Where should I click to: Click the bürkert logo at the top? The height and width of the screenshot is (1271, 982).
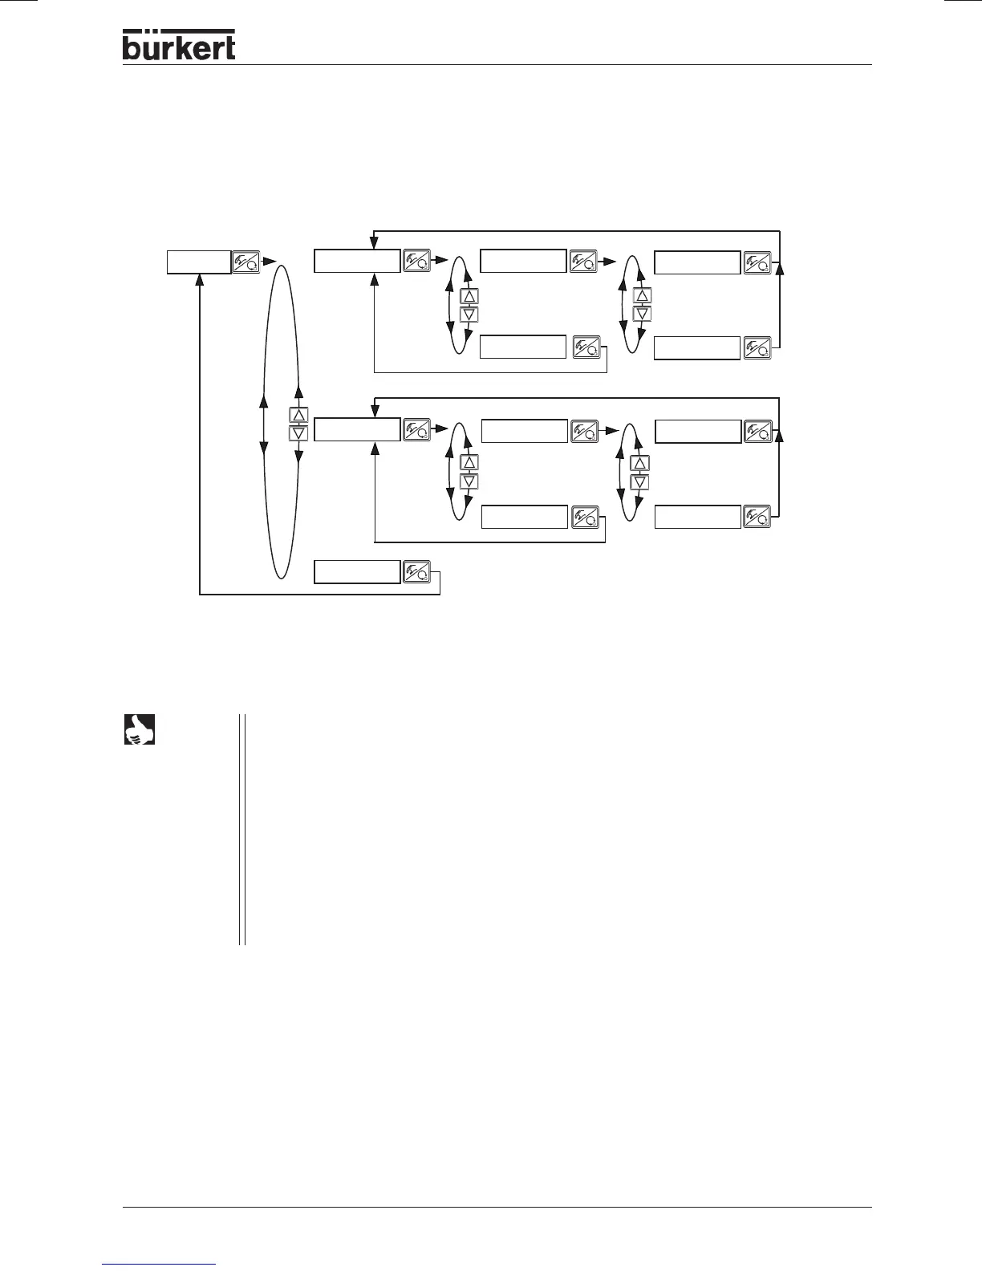point(179,45)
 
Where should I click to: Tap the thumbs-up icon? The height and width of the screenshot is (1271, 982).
point(139,729)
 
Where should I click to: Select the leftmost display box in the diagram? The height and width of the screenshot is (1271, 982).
point(199,262)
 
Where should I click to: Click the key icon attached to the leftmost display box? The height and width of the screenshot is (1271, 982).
point(245,262)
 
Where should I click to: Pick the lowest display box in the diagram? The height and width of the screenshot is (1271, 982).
point(356,572)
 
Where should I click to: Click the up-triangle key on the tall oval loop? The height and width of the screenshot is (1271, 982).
point(298,416)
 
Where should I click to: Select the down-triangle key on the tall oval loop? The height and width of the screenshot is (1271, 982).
point(298,433)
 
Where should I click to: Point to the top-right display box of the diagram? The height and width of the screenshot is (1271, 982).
point(697,262)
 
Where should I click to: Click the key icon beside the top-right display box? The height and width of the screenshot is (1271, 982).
point(757,262)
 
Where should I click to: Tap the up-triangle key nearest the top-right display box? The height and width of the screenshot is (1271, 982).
point(642,295)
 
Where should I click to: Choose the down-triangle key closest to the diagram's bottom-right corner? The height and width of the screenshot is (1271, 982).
point(639,482)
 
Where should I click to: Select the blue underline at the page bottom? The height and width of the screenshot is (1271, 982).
point(160,1264)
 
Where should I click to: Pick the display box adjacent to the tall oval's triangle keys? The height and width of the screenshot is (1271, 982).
point(356,429)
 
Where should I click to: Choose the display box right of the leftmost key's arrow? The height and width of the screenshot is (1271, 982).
point(356,262)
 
